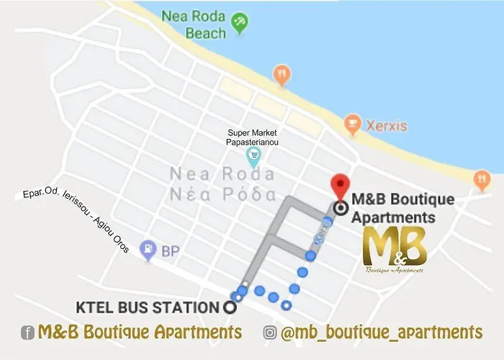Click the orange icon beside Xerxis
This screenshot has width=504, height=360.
tap(352, 125)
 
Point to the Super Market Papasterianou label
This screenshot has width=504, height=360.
tap(253, 138)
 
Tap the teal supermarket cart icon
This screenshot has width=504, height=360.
tap(253, 155)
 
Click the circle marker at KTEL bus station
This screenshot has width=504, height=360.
tap(230, 307)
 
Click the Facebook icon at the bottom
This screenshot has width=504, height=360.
tap(29, 333)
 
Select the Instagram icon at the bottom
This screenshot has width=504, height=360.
tap(270, 333)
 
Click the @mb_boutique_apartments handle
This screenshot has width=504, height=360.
tap(382, 332)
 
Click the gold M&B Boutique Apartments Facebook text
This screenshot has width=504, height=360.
tap(140, 332)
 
